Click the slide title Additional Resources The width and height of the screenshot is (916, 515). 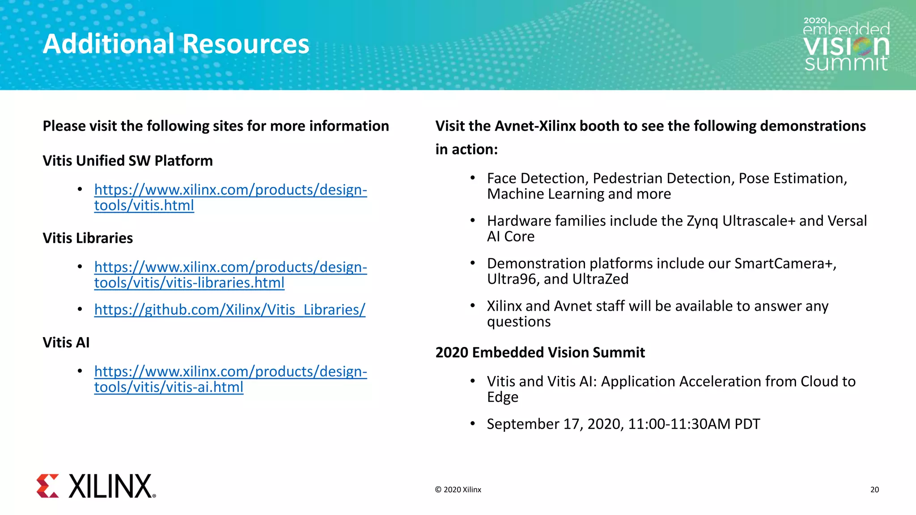(176, 44)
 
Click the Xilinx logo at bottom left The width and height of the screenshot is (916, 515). (96, 486)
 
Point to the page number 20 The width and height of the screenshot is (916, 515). (874, 490)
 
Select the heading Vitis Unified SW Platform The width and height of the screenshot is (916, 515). (127, 161)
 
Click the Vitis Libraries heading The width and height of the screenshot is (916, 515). (88, 238)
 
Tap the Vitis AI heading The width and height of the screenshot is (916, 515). (66, 342)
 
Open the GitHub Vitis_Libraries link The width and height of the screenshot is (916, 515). (229, 309)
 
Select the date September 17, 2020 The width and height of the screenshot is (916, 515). (555, 424)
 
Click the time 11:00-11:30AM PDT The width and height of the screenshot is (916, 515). (694, 424)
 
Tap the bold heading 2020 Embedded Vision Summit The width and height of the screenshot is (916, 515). (540, 353)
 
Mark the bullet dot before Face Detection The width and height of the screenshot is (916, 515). (472, 178)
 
